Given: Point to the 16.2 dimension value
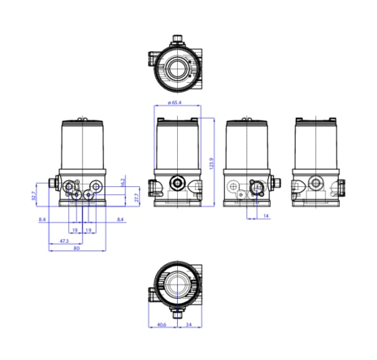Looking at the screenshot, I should click(x=123, y=183).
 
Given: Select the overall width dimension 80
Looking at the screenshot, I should click(x=76, y=249).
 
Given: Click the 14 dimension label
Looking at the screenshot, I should click(x=265, y=217).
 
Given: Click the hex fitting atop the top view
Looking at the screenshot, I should click(x=178, y=38).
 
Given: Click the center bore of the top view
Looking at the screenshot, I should click(x=178, y=67).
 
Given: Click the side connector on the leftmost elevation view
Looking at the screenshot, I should click(x=54, y=182).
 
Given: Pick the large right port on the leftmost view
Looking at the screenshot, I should click(x=97, y=188).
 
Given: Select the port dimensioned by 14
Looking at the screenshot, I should click(x=255, y=188).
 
